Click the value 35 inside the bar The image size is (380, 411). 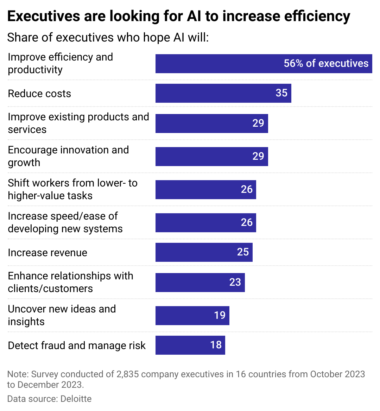pyautogui.click(x=281, y=93)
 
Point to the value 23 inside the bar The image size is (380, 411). pyautogui.click(x=235, y=282)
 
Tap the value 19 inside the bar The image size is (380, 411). pyautogui.click(x=220, y=315)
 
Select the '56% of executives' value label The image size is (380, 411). pyautogui.click(x=326, y=63)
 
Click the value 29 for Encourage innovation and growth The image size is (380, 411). pyautogui.click(x=258, y=156)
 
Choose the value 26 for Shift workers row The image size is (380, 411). pyautogui.click(x=247, y=189)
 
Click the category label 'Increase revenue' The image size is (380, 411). pyautogui.click(x=47, y=253)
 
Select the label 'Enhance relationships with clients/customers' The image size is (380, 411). pyautogui.click(x=70, y=282)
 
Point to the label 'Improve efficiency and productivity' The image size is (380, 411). pyautogui.click(x=60, y=63)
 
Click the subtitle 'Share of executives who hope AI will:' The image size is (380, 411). pyautogui.click(x=108, y=37)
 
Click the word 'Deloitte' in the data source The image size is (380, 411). pyautogui.click(x=76, y=399)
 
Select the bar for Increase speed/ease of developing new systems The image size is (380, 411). pyautogui.click(x=205, y=223)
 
